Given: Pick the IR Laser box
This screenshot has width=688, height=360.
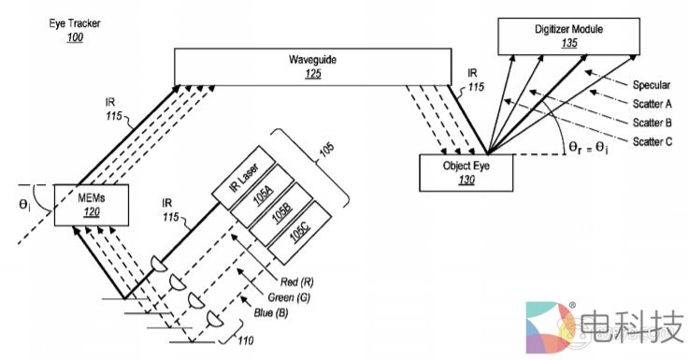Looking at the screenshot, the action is click(x=244, y=178).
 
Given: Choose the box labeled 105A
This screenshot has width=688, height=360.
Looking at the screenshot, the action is click(x=263, y=195).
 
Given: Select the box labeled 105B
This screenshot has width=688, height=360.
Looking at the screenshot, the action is click(x=280, y=214).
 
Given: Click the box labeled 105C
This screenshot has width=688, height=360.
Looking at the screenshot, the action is click(x=299, y=233).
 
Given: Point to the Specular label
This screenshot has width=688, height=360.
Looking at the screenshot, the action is click(x=652, y=85).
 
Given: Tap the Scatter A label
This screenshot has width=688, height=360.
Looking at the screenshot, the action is click(x=652, y=104).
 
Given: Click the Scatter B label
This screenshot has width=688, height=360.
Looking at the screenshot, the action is click(x=652, y=122).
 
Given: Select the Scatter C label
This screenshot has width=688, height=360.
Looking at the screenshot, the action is click(x=652, y=141).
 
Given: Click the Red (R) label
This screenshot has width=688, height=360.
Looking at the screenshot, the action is click(x=297, y=281).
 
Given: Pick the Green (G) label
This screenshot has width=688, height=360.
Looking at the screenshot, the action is click(x=289, y=297).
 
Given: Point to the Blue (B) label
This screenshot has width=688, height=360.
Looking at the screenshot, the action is click(x=271, y=313).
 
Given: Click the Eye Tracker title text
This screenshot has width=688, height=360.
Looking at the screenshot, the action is click(x=75, y=23).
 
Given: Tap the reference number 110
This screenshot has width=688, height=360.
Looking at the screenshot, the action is click(x=246, y=340).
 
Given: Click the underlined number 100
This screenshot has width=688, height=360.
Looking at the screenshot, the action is click(x=75, y=37).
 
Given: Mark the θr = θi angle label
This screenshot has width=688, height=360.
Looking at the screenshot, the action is click(x=588, y=148).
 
